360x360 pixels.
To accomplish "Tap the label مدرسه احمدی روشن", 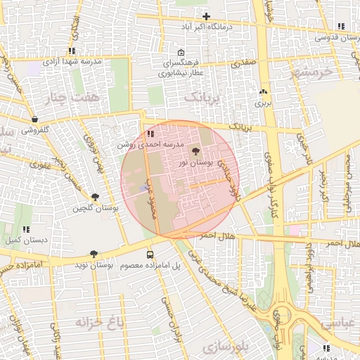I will pos(150,143).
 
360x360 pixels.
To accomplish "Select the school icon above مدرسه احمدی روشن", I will pos(150,133).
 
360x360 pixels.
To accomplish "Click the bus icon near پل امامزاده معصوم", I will pos(150,255).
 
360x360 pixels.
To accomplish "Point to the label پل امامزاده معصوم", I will pos(150,266).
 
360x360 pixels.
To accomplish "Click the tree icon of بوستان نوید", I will pos(94,254).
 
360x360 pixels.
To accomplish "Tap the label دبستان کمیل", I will pos(26,240).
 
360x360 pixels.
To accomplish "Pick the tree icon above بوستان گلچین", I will pos(95,197).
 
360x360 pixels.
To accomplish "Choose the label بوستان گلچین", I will pos(95,208).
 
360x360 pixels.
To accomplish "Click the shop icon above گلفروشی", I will pos(35,120).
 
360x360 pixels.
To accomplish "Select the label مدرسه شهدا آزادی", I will pos(72,62).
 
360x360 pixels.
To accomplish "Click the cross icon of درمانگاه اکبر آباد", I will pos(206,16).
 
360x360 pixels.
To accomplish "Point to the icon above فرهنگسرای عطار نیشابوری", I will pos(181,52).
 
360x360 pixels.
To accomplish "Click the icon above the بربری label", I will pos(263,91).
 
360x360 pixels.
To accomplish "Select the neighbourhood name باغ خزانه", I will pos(98,322).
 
